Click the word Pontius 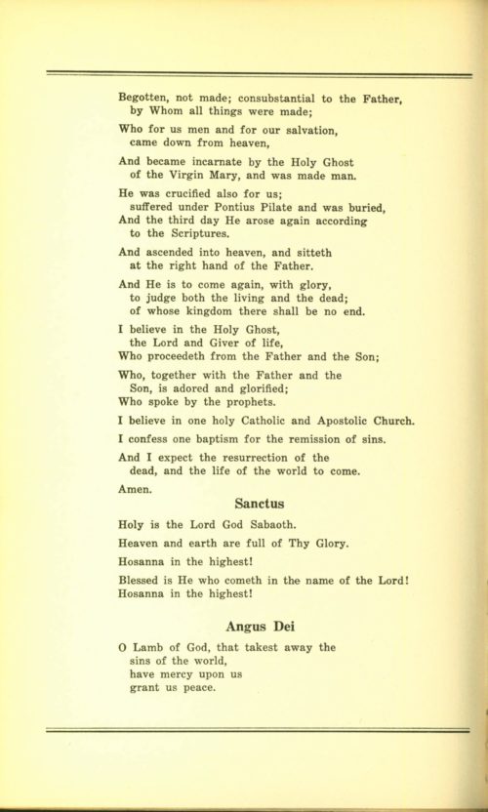[x=240, y=206]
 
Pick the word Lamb [x=149, y=646]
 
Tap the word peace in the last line [x=194, y=687]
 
